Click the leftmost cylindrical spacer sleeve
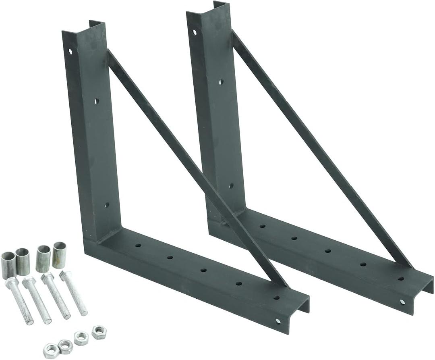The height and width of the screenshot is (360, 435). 8,264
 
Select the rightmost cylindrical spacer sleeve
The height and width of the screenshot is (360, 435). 59,255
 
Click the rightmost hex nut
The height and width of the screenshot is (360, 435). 99,332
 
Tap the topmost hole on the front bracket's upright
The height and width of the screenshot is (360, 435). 70,51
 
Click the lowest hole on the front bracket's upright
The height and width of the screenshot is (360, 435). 107,205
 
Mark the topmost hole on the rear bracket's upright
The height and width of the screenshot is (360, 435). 195,31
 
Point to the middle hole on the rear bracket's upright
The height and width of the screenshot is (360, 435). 221,82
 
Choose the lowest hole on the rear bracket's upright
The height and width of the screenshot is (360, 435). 231,186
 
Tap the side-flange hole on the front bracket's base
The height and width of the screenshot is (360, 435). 278,321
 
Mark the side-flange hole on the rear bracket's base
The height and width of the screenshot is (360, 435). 402,302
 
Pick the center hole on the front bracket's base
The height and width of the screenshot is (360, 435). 203,270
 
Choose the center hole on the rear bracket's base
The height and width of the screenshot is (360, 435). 328,251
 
